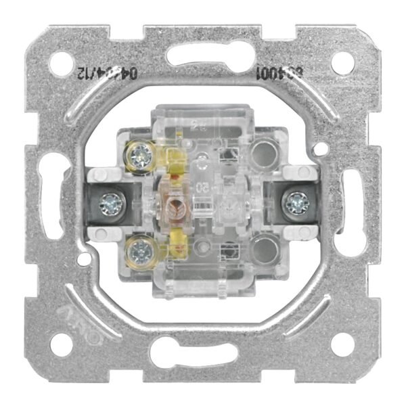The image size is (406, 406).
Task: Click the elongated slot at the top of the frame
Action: point(202,56)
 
